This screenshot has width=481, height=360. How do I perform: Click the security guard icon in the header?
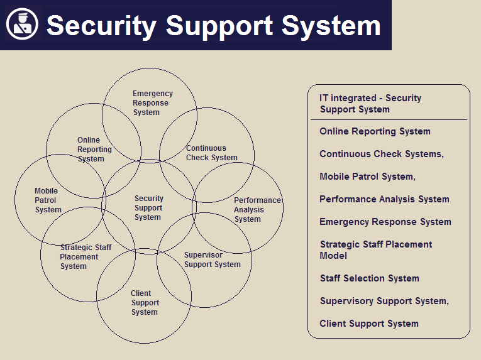(x=23, y=25)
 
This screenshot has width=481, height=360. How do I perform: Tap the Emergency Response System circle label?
(x=152, y=103)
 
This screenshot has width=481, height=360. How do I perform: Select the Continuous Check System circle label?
(x=211, y=153)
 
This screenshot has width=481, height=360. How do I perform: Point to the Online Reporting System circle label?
(x=94, y=150)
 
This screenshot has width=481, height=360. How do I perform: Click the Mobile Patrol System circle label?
(x=48, y=200)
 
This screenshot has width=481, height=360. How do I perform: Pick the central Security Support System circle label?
(x=148, y=208)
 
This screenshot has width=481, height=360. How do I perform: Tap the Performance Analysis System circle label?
(x=257, y=210)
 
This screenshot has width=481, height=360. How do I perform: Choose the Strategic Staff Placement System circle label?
(x=85, y=257)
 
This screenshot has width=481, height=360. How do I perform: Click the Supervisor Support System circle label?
(x=212, y=260)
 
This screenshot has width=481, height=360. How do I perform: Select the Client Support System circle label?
(x=145, y=303)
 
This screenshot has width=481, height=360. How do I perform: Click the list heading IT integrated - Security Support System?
(x=370, y=104)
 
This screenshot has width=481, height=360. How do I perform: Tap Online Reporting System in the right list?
(x=375, y=131)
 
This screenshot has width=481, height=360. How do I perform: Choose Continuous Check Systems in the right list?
(x=381, y=154)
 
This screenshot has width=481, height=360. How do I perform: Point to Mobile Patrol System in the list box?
(x=367, y=177)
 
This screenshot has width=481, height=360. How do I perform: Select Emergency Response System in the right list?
(x=385, y=222)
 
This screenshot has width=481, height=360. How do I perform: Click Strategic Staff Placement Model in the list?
(x=375, y=250)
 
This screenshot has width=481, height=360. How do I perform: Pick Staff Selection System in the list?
(x=369, y=278)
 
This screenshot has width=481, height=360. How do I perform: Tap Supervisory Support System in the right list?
(x=384, y=301)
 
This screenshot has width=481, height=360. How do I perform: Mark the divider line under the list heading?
(x=389, y=119)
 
